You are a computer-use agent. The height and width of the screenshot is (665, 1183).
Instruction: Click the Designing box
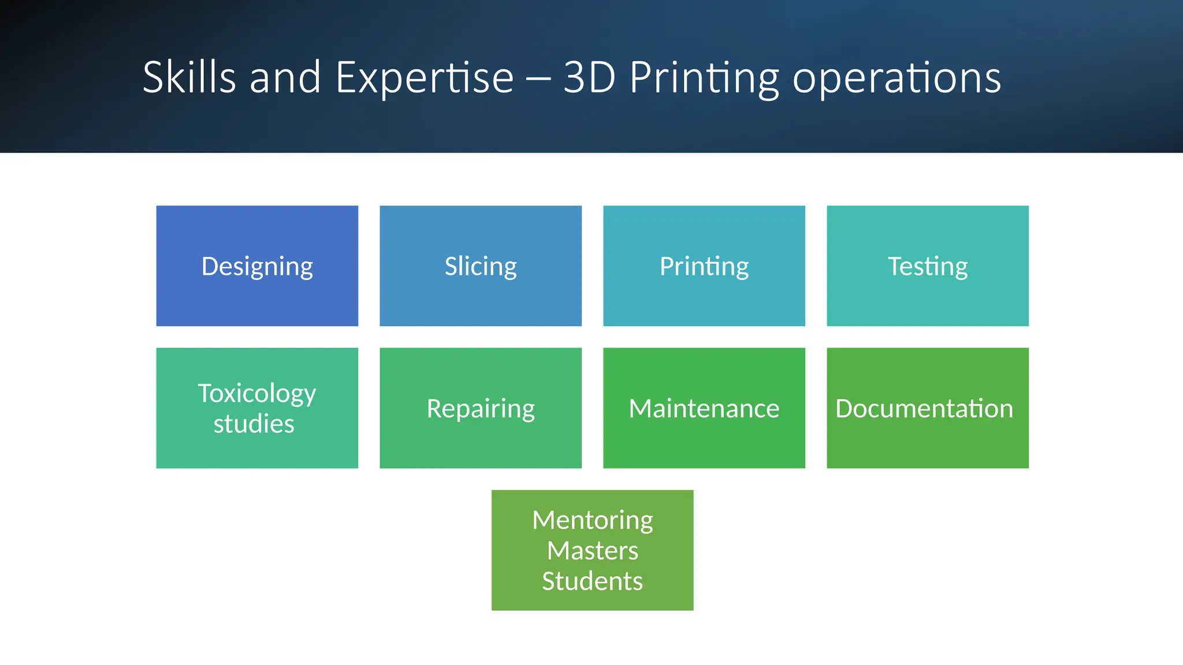[x=257, y=266]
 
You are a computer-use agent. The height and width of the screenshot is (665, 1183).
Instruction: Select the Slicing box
[x=481, y=266]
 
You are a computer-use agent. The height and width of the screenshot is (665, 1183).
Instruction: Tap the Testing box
[x=928, y=266]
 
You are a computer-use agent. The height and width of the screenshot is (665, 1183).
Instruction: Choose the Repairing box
[x=481, y=408]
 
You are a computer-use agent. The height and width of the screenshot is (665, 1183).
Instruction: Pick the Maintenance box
[x=704, y=408]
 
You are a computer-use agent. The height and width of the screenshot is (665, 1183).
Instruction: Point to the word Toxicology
[x=257, y=394]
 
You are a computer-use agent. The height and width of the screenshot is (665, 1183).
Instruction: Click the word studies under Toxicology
[x=254, y=424]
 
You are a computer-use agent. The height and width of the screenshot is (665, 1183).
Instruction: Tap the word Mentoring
[x=593, y=520]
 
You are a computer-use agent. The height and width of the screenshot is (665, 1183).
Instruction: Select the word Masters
[x=593, y=551]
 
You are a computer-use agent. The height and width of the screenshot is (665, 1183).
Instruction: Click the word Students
[x=593, y=581]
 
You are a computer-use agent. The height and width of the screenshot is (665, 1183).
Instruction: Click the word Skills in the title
[x=189, y=77]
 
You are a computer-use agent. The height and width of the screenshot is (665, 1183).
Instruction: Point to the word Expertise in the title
[x=425, y=77]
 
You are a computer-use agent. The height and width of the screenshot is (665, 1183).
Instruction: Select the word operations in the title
[x=896, y=77]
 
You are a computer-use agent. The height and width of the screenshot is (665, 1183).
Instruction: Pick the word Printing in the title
[x=704, y=77]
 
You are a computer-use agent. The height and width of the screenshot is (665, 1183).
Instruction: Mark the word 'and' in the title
[x=285, y=77]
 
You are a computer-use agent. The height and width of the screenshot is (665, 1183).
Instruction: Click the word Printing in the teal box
[x=704, y=266]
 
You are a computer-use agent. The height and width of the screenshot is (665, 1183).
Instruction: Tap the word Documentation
[x=924, y=409]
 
